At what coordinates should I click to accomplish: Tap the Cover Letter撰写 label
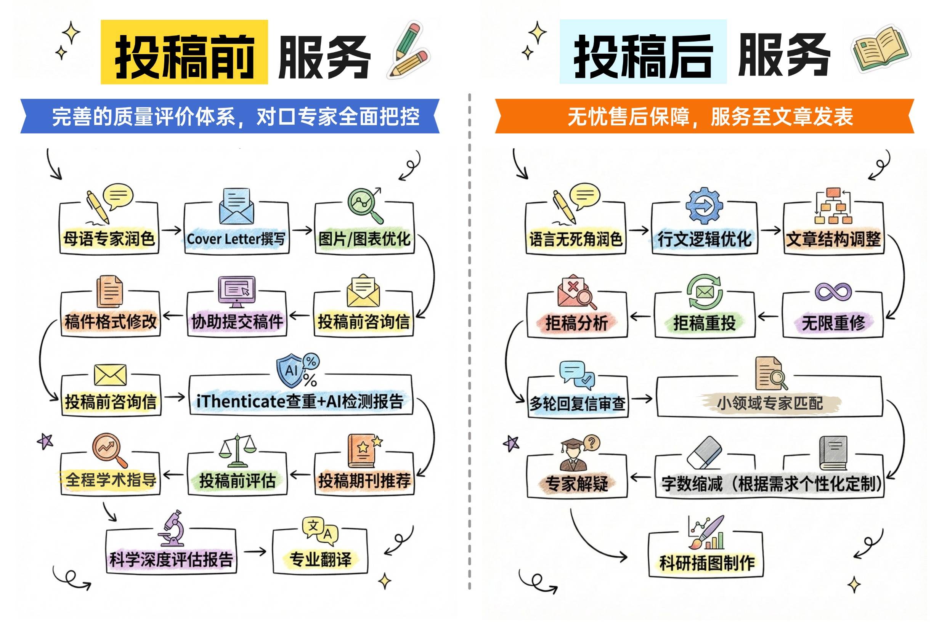coord(236,239)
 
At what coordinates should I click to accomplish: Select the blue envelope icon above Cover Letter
coord(236,207)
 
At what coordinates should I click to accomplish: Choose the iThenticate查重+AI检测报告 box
coord(300,401)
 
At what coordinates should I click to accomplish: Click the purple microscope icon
coord(172,528)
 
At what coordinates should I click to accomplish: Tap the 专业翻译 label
coord(321,559)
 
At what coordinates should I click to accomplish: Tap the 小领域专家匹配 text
coord(769,403)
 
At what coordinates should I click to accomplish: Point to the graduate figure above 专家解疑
coord(573,455)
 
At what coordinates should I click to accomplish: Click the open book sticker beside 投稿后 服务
coord(881,50)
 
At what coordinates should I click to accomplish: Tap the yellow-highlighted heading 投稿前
coord(185,52)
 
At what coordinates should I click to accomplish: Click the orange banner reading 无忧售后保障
coord(705,116)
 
